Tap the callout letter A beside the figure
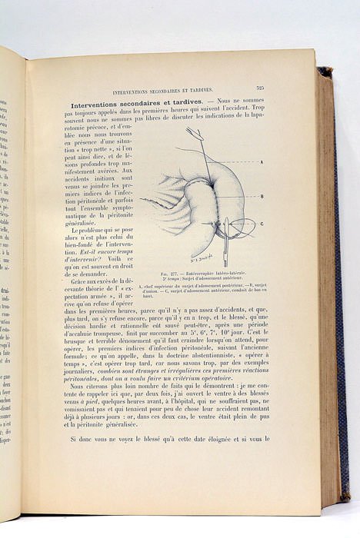(262, 162)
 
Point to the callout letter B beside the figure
(262, 196)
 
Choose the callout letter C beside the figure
(262, 224)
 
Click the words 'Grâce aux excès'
(94, 281)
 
